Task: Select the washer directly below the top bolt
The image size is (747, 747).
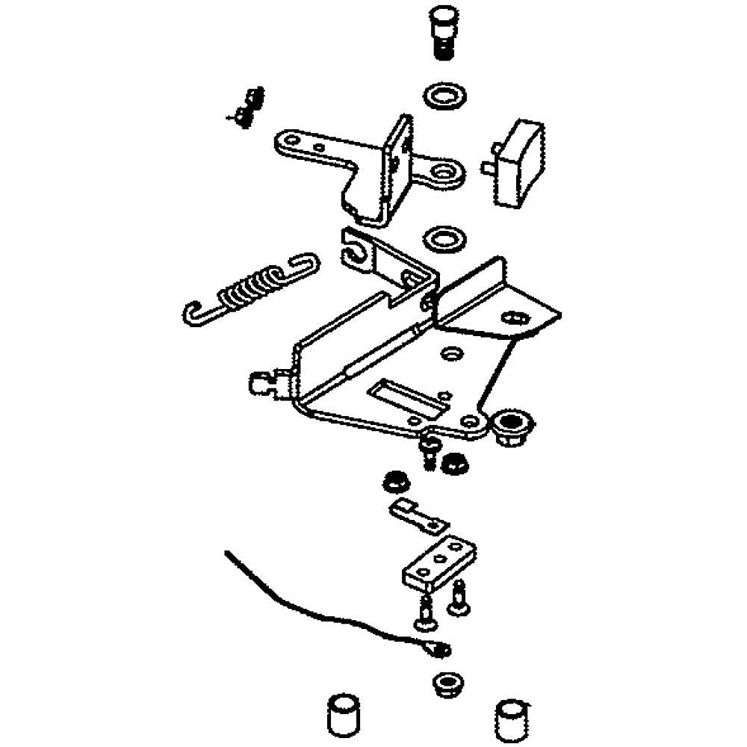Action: coord(444,96)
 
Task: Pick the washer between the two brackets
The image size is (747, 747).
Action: coord(444,241)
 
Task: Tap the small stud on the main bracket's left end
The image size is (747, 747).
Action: coord(261,383)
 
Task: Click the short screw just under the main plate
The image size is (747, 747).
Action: coord(429,453)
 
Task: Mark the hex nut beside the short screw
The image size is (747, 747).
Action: coord(453,463)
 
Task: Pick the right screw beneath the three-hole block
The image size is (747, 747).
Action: coord(458,600)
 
